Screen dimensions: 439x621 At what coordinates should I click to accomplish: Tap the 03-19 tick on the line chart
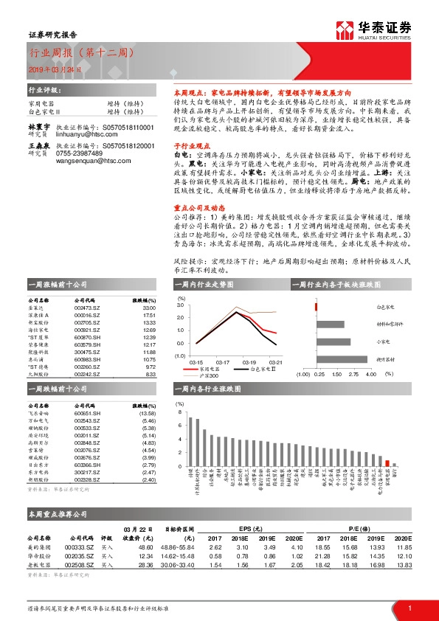248,362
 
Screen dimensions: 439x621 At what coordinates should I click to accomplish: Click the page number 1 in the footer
409,608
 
